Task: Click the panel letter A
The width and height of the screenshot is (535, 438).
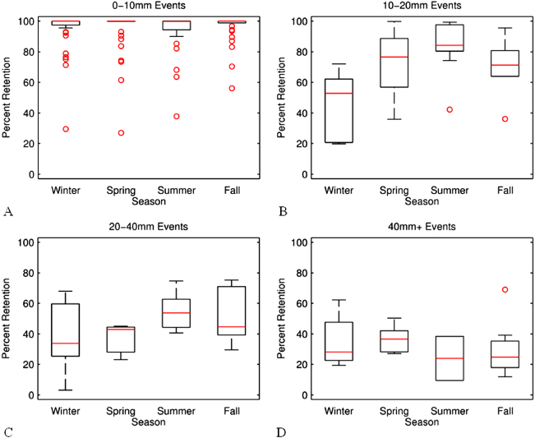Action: click(x=8, y=212)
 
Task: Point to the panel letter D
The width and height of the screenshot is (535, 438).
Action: click(x=283, y=431)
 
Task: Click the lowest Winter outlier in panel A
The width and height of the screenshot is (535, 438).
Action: click(x=66, y=129)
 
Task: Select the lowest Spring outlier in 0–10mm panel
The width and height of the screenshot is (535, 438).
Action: click(x=122, y=133)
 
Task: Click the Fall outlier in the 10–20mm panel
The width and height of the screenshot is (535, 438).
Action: click(x=505, y=119)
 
